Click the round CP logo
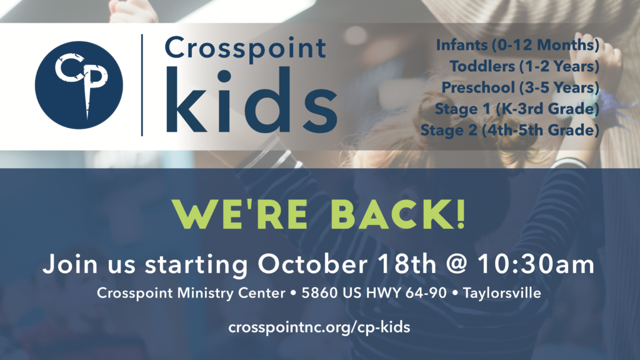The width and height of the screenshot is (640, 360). pos(79,85)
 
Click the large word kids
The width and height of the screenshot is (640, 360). pos(251,100)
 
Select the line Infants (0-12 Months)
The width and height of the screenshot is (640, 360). pos(517,45)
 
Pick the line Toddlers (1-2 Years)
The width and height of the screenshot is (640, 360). pos(524,66)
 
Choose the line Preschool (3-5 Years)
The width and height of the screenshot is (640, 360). pos(521,87)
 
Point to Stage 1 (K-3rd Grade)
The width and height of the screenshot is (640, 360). pos(517,109)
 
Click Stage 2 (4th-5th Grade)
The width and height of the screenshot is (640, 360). pos(510,130)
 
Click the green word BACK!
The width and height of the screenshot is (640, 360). pos(398,214)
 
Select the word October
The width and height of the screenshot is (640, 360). pos(312,264)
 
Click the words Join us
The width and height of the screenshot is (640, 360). pos(89,264)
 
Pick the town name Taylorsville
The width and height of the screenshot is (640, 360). pos(502,293)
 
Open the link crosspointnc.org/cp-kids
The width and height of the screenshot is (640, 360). pos(319,327)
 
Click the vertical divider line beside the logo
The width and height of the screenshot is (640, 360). pos(142,85)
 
